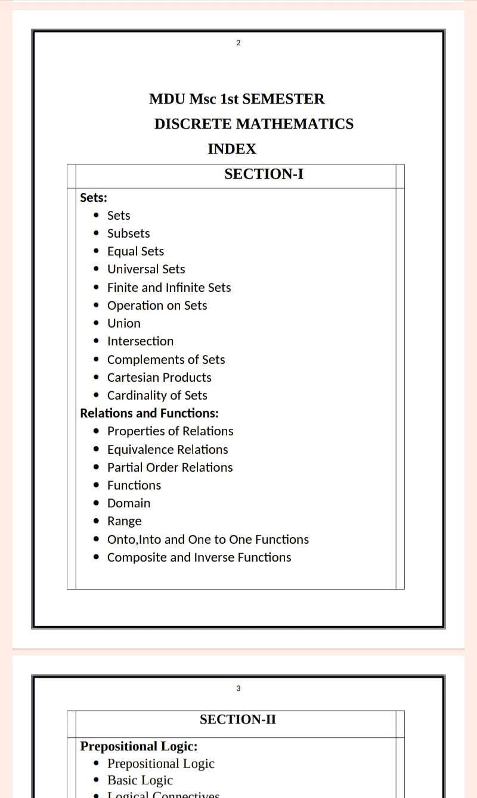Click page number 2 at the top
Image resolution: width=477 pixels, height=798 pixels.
pyautogui.click(x=238, y=43)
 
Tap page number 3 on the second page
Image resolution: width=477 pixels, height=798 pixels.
pyautogui.click(x=238, y=688)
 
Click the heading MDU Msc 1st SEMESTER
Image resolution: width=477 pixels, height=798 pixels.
pyautogui.click(x=237, y=99)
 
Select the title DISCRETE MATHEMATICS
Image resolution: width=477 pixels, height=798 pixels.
pyautogui.click(x=254, y=124)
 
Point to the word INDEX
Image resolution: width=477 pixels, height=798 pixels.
pyautogui.click(x=232, y=149)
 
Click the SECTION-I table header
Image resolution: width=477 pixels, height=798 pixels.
pyautogui.click(x=264, y=174)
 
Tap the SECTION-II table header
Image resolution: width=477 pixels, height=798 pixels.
pyautogui.click(x=238, y=719)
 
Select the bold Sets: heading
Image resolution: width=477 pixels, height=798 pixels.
pyautogui.click(x=94, y=198)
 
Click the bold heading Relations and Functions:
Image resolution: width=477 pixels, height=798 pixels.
pyautogui.click(x=149, y=413)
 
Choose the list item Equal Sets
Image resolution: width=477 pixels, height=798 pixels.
pyautogui.click(x=135, y=251)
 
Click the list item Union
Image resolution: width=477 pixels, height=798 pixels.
pyautogui.click(x=124, y=323)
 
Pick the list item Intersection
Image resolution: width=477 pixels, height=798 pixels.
pyautogui.click(x=140, y=341)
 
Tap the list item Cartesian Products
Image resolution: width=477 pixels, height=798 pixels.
pyautogui.click(x=159, y=378)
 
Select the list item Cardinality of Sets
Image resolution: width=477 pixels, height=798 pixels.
pyautogui.click(x=157, y=395)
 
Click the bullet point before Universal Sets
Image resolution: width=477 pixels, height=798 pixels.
pyautogui.click(x=97, y=270)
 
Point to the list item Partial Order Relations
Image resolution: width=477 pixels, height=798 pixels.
pyautogui.click(x=170, y=467)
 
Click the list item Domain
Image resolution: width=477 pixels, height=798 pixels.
pyautogui.click(x=129, y=503)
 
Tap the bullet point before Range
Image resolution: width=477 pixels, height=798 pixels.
pyautogui.click(x=97, y=522)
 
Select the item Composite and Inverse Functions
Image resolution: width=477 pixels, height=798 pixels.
pyautogui.click(x=199, y=557)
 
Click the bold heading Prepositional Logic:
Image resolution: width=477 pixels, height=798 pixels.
pyautogui.click(x=139, y=746)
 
